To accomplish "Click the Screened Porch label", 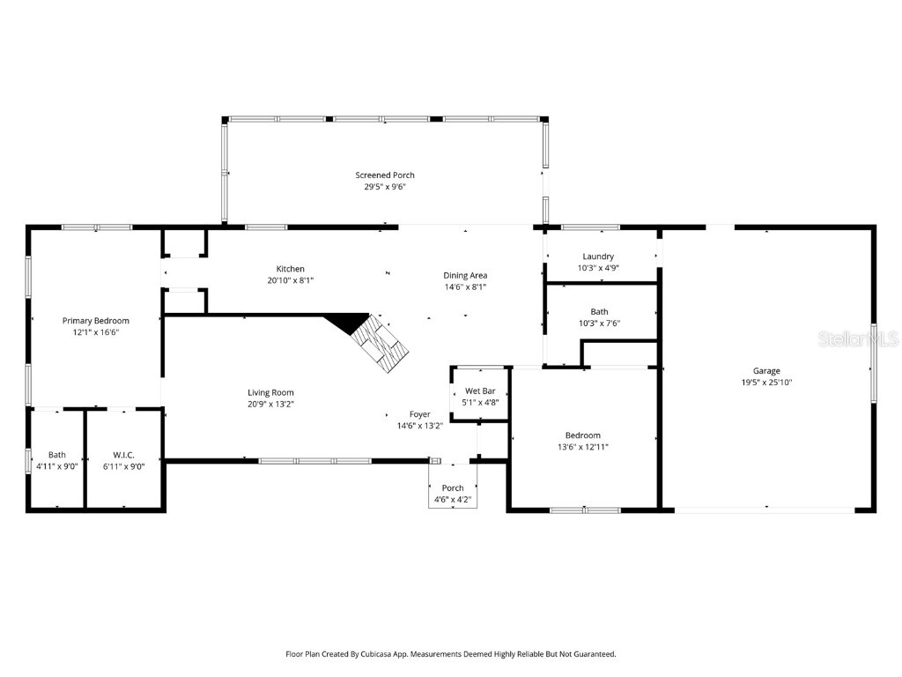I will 385,175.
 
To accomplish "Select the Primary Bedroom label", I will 95,321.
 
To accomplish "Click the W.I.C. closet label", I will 123,455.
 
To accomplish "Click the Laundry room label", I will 598,257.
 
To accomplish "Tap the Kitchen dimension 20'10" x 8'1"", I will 291,280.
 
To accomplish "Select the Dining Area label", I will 464,275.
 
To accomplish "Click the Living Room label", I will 270,392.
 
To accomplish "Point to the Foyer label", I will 420,414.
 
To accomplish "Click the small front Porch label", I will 453,488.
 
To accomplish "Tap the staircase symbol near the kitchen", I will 382,344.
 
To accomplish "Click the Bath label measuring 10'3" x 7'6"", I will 599,312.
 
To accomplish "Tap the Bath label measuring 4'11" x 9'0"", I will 56,455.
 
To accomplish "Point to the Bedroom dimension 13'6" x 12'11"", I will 583,447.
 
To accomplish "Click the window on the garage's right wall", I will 874,361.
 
